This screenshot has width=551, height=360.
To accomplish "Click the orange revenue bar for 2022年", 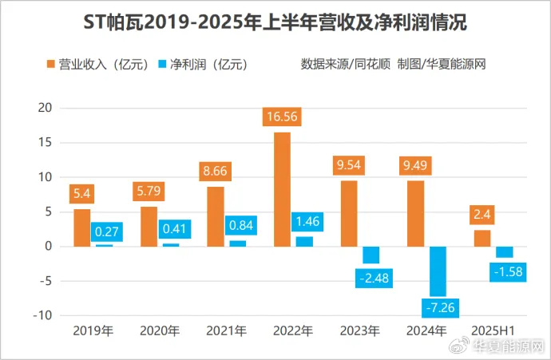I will click(282, 189).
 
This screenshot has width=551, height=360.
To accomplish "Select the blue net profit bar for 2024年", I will click(437, 271).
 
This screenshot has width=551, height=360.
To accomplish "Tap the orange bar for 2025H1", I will click(482, 238).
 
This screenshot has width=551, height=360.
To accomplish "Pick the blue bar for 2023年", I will click(371, 255).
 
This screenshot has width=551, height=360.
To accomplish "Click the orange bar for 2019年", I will click(82, 227).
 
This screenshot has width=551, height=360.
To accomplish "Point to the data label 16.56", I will click(282, 117).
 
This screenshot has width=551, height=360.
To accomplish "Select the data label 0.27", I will click(106, 231).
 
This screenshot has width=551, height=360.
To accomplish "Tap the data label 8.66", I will click(215, 171).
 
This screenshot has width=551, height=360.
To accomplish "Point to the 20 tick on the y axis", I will click(45, 108).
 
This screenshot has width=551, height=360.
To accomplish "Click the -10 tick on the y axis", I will click(42, 315).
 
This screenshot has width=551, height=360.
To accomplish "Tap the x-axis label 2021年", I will click(226, 330).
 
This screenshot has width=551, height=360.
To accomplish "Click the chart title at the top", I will click(275, 23).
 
